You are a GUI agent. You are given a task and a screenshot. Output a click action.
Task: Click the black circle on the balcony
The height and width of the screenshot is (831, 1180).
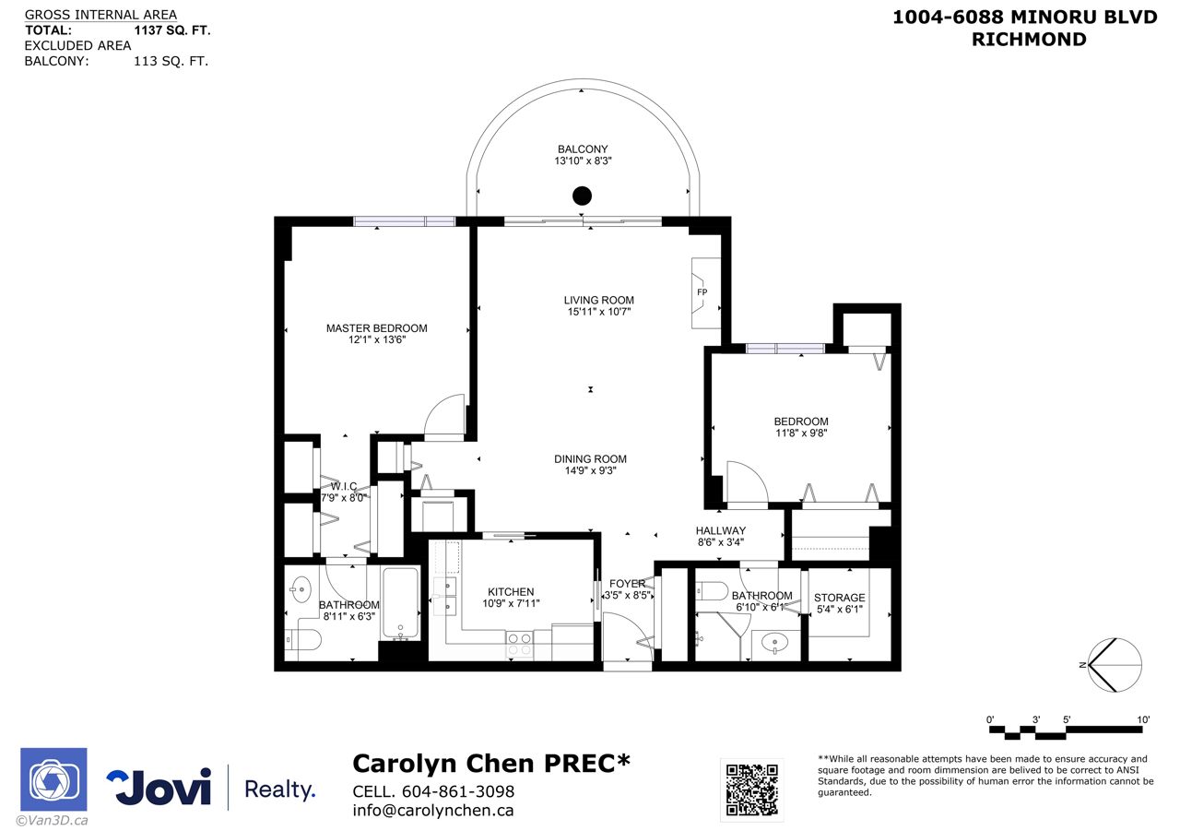(x=582, y=196)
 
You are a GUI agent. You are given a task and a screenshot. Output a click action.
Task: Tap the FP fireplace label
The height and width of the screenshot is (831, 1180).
(x=702, y=292)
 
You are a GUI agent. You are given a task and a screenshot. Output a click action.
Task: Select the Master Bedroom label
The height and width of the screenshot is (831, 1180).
(x=377, y=327)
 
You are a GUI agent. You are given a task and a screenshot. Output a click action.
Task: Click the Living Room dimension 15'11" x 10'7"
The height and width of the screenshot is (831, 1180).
(x=599, y=312)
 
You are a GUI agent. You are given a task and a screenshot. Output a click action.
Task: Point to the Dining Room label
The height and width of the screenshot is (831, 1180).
(x=590, y=459)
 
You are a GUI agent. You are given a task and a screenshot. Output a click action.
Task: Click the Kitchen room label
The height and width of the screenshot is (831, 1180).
(x=511, y=592)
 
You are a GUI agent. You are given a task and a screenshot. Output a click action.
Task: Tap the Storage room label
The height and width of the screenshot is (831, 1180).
(x=839, y=598)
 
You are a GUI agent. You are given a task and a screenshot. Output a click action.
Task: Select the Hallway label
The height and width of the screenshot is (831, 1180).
(x=720, y=530)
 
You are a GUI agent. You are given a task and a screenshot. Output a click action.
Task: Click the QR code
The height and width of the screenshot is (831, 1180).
(x=751, y=789)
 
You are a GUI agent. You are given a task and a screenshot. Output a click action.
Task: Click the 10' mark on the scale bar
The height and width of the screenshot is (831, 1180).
(x=1143, y=719)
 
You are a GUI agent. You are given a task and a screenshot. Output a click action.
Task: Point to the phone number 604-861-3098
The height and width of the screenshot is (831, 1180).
(x=458, y=791)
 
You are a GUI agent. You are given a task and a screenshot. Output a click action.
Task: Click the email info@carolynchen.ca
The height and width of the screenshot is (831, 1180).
(x=433, y=811)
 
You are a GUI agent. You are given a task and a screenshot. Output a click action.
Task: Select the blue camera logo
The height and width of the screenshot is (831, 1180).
(x=53, y=779)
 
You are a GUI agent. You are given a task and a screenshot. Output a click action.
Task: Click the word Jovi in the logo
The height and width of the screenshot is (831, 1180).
(x=159, y=787)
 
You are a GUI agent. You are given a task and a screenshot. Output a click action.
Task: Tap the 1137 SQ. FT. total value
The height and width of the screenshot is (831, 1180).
(x=172, y=30)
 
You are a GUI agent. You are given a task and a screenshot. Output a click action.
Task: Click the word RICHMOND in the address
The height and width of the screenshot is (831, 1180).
(x=1029, y=40)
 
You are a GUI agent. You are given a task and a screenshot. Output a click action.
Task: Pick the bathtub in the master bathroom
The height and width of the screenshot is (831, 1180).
(x=400, y=603)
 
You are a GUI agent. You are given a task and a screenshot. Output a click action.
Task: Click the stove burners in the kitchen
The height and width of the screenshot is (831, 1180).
(x=519, y=645)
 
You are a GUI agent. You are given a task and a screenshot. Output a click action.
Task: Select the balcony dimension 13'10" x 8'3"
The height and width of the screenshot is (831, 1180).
(x=583, y=160)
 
